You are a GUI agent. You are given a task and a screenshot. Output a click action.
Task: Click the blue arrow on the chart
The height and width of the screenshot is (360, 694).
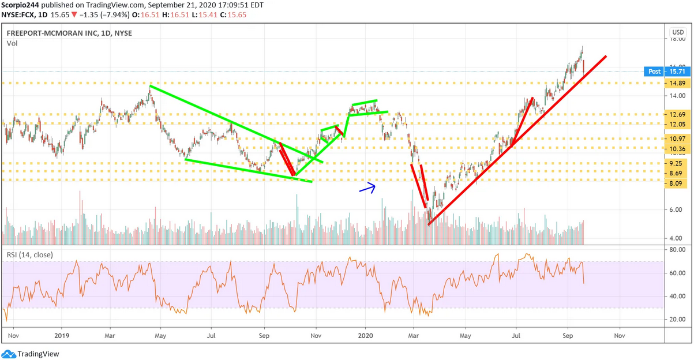367,187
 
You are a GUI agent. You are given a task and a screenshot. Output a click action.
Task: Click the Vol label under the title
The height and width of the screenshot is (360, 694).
12,43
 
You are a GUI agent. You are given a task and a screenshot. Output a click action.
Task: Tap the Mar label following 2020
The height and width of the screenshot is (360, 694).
413,335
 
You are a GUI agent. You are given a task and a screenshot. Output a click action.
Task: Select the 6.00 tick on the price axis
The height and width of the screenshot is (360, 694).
677,210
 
